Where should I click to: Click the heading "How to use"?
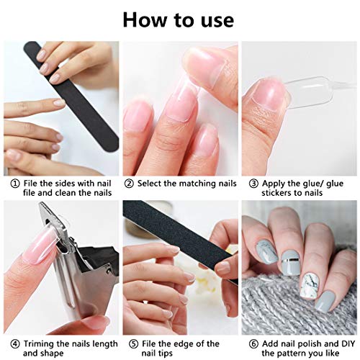178,19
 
